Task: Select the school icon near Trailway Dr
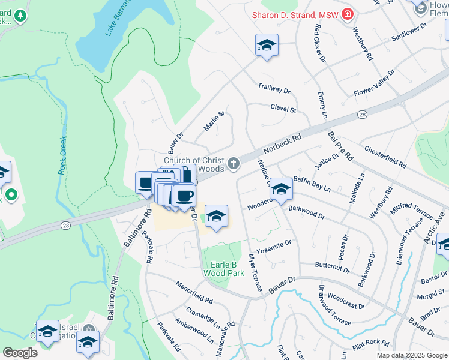pyautogui.click(x=267, y=45)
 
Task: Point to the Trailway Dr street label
pyautogui.click(x=274, y=88)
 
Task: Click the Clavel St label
pyautogui.click(x=283, y=109)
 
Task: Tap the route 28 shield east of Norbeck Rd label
pyautogui.click(x=362, y=114)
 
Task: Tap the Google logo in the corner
pyautogui.click(x=20, y=353)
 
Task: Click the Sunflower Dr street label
pyautogui.click(x=408, y=31)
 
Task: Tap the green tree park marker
pyautogui.click(x=21, y=15)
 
